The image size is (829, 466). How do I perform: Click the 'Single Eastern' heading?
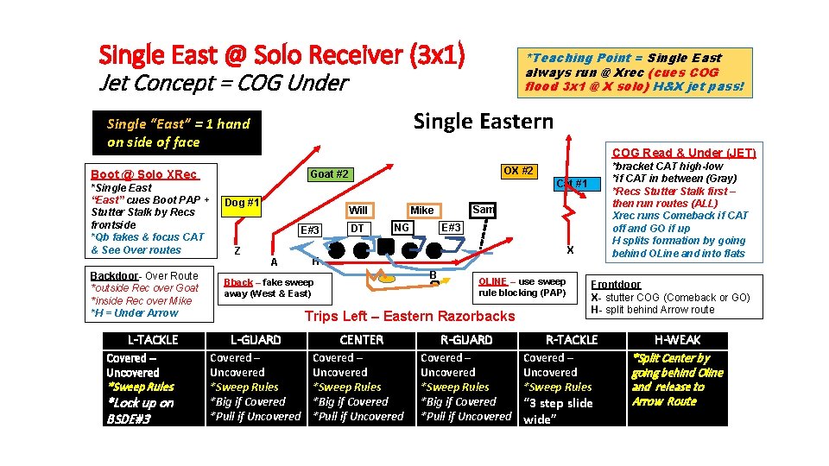coord(483,121)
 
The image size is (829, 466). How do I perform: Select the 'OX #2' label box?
coord(517,171)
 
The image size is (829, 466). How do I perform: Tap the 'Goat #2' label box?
coord(329,173)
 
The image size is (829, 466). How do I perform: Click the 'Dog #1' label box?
coord(242,203)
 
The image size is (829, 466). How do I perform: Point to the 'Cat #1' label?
coord(572,183)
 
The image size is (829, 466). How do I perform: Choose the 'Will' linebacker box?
coord(358,210)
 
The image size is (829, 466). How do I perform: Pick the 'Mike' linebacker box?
coord(422,210)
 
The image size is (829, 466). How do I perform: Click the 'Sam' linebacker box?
coord(484,210)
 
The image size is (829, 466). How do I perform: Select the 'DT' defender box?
coord(358,228)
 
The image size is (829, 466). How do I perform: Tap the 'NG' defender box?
coord(401,227)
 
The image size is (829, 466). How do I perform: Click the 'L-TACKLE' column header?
coord(153,340)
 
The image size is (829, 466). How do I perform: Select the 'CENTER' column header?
coord(362,340)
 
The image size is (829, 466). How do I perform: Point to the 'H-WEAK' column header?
coord(678,340)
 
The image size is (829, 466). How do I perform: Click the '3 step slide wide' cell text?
coord(558,411)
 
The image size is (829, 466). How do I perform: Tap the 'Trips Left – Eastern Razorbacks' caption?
coord(409,316)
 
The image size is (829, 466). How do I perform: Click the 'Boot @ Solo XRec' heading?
coord(144,173)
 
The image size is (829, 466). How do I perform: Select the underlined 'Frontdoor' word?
coord(616,284)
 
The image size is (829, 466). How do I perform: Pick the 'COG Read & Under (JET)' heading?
coord(684,153)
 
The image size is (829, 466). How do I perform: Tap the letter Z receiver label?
coord(237,251)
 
